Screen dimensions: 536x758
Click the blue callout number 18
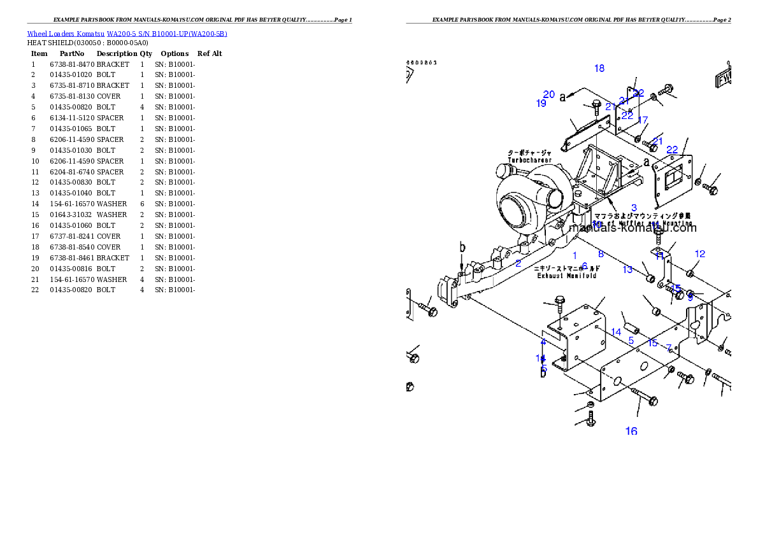599,68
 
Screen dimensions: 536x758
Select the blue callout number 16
631,431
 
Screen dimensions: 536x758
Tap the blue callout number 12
700,254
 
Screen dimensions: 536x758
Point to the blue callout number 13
628,269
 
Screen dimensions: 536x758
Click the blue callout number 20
549,94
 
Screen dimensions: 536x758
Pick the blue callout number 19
541,103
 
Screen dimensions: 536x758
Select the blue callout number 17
643,120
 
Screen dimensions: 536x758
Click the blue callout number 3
634,208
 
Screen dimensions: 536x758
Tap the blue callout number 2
518,263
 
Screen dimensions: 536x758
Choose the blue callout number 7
669,348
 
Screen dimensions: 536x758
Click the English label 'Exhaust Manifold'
566,276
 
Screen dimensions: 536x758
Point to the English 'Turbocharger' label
529,160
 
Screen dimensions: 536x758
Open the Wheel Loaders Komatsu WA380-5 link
127,34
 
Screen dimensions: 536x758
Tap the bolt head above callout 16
652,401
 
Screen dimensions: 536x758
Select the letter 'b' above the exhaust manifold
462,248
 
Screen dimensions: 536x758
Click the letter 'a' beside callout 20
563,97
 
